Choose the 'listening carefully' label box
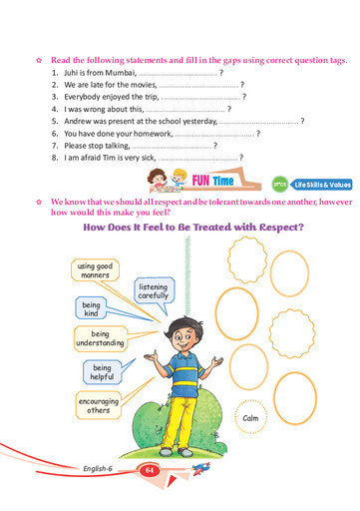pos(153,289)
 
